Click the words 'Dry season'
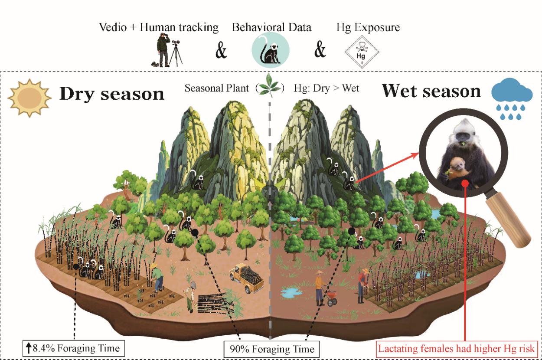coord(111,94)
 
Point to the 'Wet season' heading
coord(431,91)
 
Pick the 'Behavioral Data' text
coord(271,28)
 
